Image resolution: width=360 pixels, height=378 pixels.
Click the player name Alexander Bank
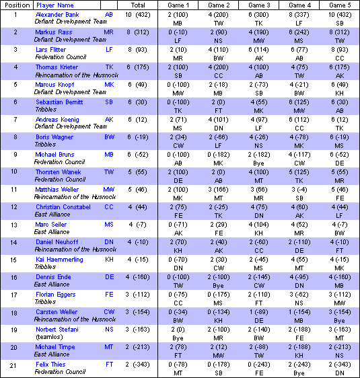coord(57,14)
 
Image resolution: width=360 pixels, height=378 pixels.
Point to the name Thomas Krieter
coord(56,67)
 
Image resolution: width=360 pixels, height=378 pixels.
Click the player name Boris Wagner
coord(53,137)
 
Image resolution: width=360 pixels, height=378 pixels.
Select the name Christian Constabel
coord(63,206)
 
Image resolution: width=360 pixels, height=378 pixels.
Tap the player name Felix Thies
coord(50,364)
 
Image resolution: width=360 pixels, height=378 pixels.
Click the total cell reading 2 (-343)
coord(138,364)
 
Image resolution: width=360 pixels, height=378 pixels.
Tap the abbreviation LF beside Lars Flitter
coord(109,49)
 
